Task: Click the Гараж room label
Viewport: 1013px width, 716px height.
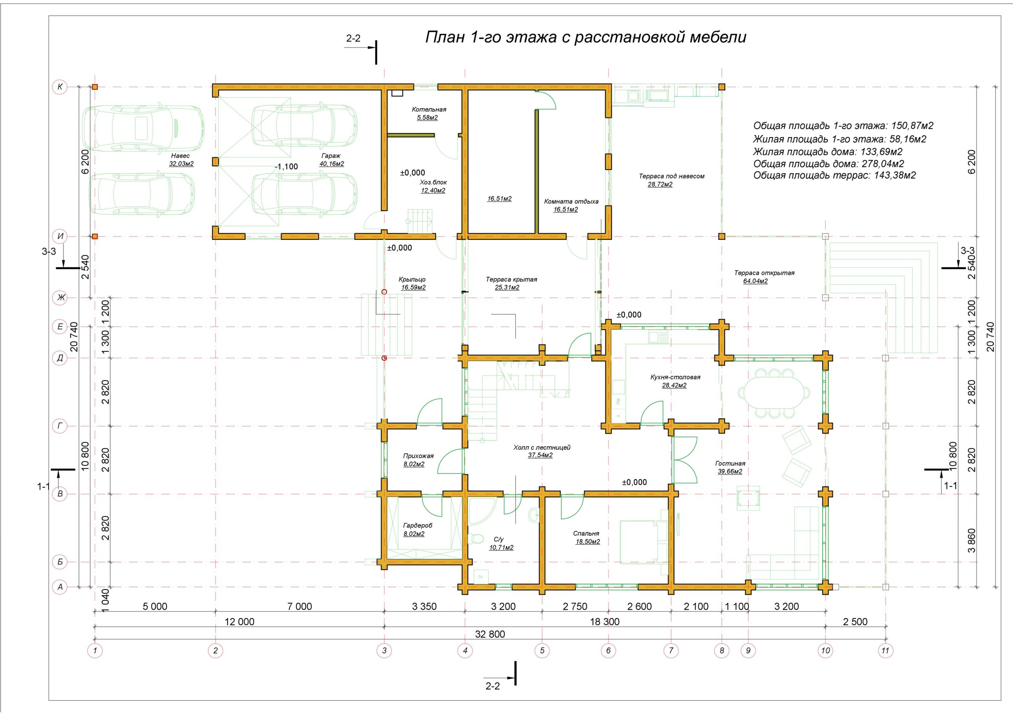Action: pos(331,156)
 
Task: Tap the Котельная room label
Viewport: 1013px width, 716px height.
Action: pos(429,110)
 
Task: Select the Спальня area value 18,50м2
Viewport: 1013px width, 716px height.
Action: pos(588,542)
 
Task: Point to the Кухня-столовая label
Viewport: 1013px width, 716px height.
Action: pos(675,377)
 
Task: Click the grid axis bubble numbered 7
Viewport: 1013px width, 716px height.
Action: pos(671,650)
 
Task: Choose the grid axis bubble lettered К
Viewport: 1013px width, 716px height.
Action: pos(60,87)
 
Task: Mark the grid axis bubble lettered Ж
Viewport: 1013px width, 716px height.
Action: pos(60,298)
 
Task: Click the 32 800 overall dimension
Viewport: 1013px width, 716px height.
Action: pos(490,635)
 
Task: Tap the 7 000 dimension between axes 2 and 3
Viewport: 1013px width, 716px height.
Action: pos(300,606)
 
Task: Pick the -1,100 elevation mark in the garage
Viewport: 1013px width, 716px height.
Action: pos(286,167)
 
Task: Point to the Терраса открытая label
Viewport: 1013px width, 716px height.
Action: pos(764,273)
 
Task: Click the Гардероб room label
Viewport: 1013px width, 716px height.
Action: pos(417,525)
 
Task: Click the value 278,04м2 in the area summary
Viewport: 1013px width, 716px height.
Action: pos(889,164)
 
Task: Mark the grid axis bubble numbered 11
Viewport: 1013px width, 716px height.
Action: pos(885,650)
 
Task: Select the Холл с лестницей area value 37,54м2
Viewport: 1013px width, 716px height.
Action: pos(540,455)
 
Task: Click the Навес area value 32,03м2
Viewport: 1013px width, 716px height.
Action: pos(181,164)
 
